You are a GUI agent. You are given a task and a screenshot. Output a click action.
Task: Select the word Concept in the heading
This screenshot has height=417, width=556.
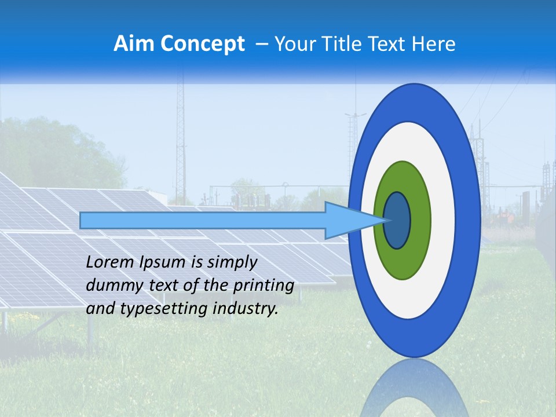click(x=202, y=45)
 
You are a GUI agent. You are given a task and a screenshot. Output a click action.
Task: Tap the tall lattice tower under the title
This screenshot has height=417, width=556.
click(x=180, y=139)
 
